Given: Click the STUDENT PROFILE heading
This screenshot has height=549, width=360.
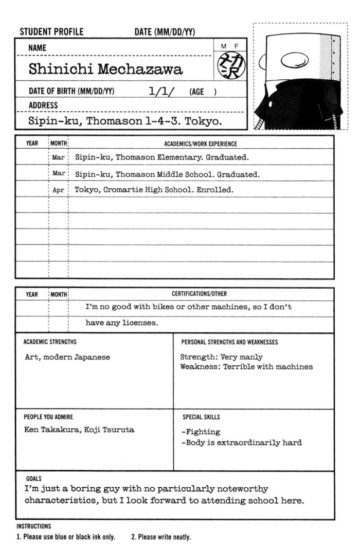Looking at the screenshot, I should click(x=51, y=32).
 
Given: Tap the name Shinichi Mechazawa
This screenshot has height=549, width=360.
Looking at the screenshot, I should click(x=105, y=69).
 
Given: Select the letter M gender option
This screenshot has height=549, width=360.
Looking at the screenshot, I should click(x=224, y=46).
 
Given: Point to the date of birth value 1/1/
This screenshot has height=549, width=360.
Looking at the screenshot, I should click(x=161, y=92).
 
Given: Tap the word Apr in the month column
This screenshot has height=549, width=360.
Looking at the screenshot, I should click(x=58, y=190).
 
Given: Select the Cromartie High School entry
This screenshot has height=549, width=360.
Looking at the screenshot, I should click(x=154, y=189).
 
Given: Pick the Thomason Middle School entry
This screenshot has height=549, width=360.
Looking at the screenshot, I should click(x=167, y=174).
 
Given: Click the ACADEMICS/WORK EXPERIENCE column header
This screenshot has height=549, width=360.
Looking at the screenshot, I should click(x=200, y=144).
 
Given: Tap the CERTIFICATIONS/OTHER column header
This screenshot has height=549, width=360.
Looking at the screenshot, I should click(x=199, y=294).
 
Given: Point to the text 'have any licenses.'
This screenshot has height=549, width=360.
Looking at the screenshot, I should click(x=122, y=323).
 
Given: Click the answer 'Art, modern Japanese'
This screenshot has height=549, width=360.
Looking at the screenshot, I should click(x=67, y=357).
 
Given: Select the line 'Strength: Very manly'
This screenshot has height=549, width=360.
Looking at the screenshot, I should click(x=221, y=357).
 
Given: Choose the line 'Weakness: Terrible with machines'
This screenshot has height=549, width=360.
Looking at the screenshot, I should click(x=246, y=367).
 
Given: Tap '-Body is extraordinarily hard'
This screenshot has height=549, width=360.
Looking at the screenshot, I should click(x=241, y=442).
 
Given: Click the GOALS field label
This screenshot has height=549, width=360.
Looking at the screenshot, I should click(x=34, y=478).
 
